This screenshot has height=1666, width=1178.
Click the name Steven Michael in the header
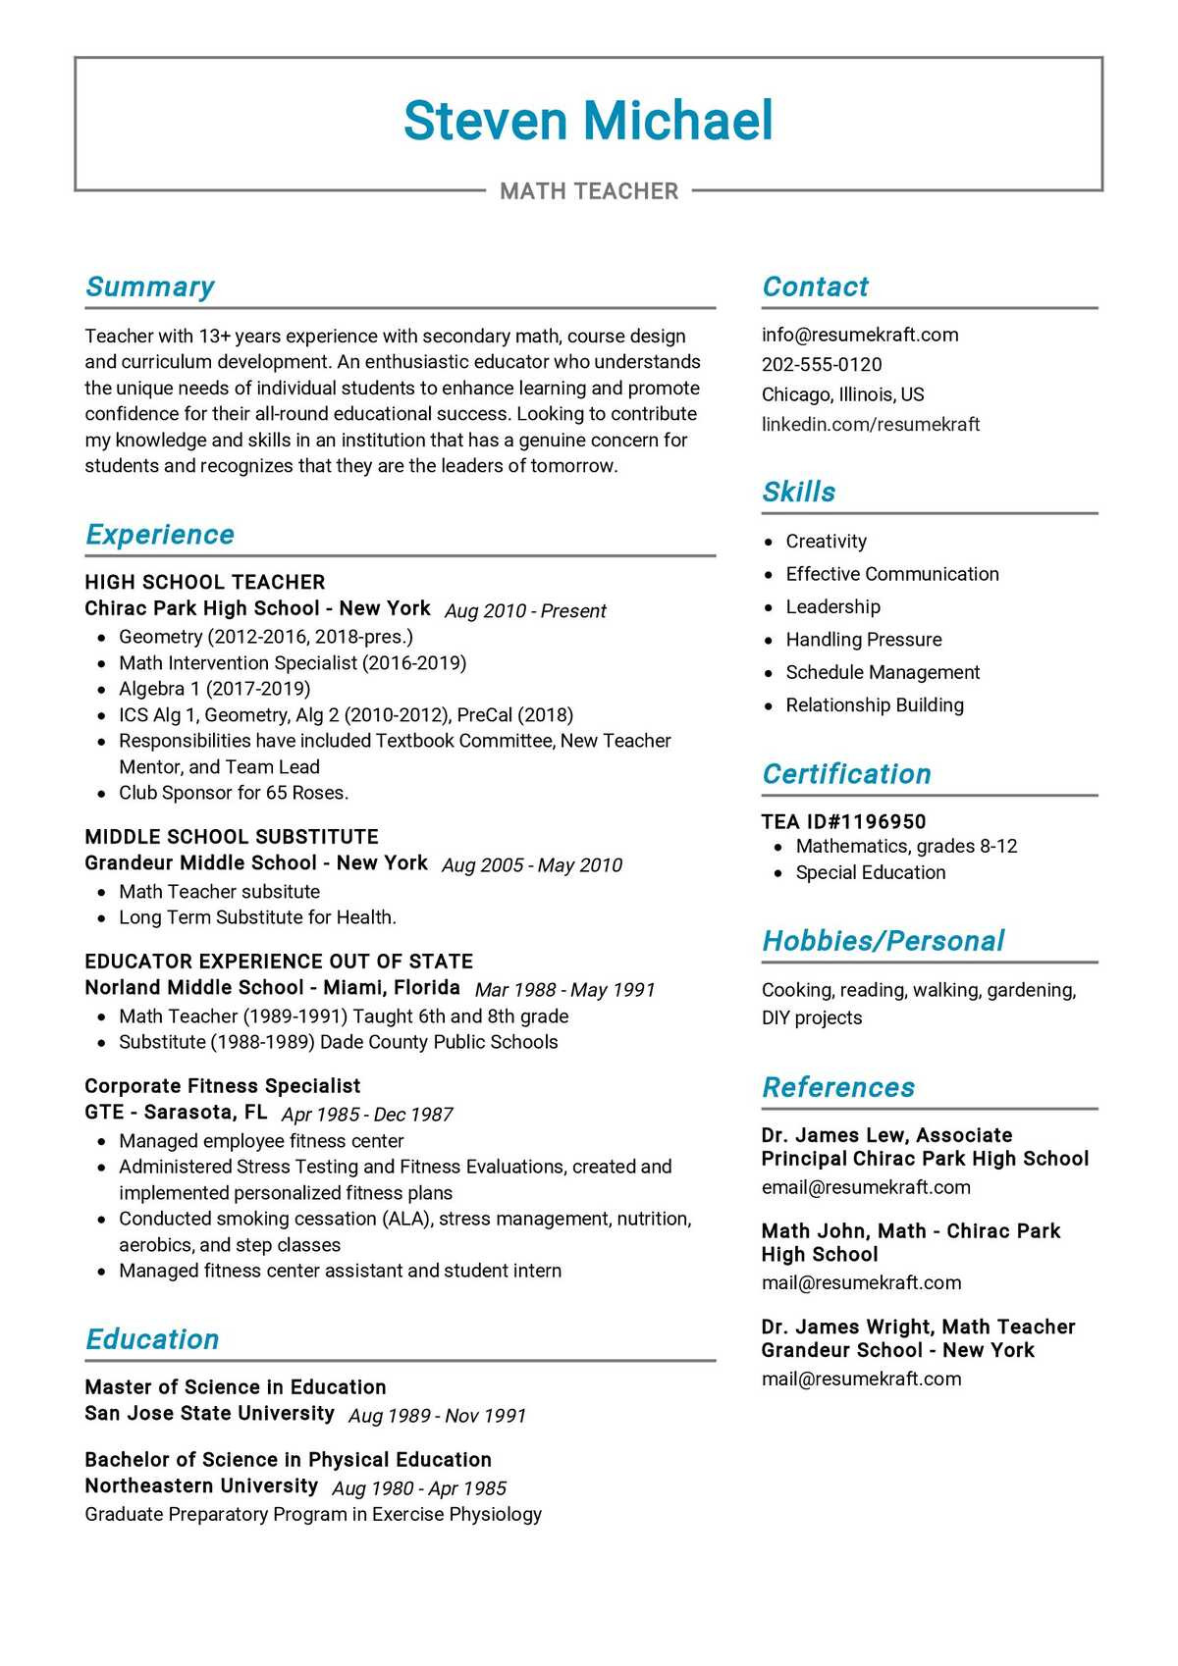(588, 121)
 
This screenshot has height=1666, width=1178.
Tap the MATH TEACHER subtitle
(589, 191)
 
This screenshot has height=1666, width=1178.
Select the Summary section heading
(149, 286)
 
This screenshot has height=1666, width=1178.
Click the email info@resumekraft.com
(860, 335)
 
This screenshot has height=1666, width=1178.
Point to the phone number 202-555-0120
(822, 365)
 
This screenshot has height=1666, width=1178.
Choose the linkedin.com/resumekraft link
(871, 425)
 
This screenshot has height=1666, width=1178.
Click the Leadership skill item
(832, 607)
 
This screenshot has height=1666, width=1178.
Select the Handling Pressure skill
(863, 640)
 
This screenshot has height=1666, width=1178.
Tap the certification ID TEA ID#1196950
(843, 822)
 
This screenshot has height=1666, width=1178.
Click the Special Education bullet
(870, 873)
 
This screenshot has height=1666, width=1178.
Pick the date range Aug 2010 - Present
(525, 611)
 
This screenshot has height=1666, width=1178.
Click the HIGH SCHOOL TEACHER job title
(204, 583)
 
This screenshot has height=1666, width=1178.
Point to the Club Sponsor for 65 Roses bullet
(234, 793)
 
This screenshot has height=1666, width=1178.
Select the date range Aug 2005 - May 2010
(532, 865)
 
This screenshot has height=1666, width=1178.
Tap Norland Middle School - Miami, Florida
(272, 988)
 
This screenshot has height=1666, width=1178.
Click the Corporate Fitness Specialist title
(222, 1086)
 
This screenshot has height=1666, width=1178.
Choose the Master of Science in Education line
(235, 1387)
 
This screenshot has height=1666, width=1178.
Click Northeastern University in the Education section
(201, 1486)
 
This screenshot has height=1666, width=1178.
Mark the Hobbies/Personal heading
(883, 941)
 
